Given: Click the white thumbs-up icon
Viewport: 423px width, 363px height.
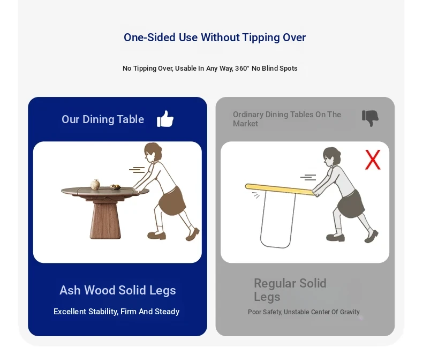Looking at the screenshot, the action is [x=165, y=119].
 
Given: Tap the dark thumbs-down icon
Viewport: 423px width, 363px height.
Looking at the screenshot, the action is [x=370, y=118].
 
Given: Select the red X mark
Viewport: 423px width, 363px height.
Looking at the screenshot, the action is [x=373, y=160].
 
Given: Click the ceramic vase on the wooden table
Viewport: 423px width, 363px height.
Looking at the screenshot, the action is [x=95, y=185].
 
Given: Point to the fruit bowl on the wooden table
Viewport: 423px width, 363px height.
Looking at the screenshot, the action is [x=116, y=186].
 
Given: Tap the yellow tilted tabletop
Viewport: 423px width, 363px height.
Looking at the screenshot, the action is [x=280, y=189].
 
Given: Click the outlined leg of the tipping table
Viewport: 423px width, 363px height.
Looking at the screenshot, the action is [x=277, y=218].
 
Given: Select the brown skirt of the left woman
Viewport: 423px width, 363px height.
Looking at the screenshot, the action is [x=172, y=201].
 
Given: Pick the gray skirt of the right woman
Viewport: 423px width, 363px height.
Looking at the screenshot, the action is [x=351, y=204].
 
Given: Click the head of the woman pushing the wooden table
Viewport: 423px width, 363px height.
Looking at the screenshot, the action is [x=152, y=153].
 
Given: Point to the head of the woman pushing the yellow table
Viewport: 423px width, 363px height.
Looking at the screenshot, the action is [x=331, y=157].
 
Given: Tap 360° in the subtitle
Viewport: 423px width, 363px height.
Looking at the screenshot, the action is [x=242, y=68].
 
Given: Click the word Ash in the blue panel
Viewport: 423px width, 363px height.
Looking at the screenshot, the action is [x=70, y=290].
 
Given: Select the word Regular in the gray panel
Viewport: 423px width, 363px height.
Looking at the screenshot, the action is [x=275, y=283].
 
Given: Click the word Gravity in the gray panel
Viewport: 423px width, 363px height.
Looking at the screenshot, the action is [x=350, y=312].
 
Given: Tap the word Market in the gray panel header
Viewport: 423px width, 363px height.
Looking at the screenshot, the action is [x=245, y=124].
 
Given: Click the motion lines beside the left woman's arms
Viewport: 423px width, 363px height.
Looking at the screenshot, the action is [x=137, y=170].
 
